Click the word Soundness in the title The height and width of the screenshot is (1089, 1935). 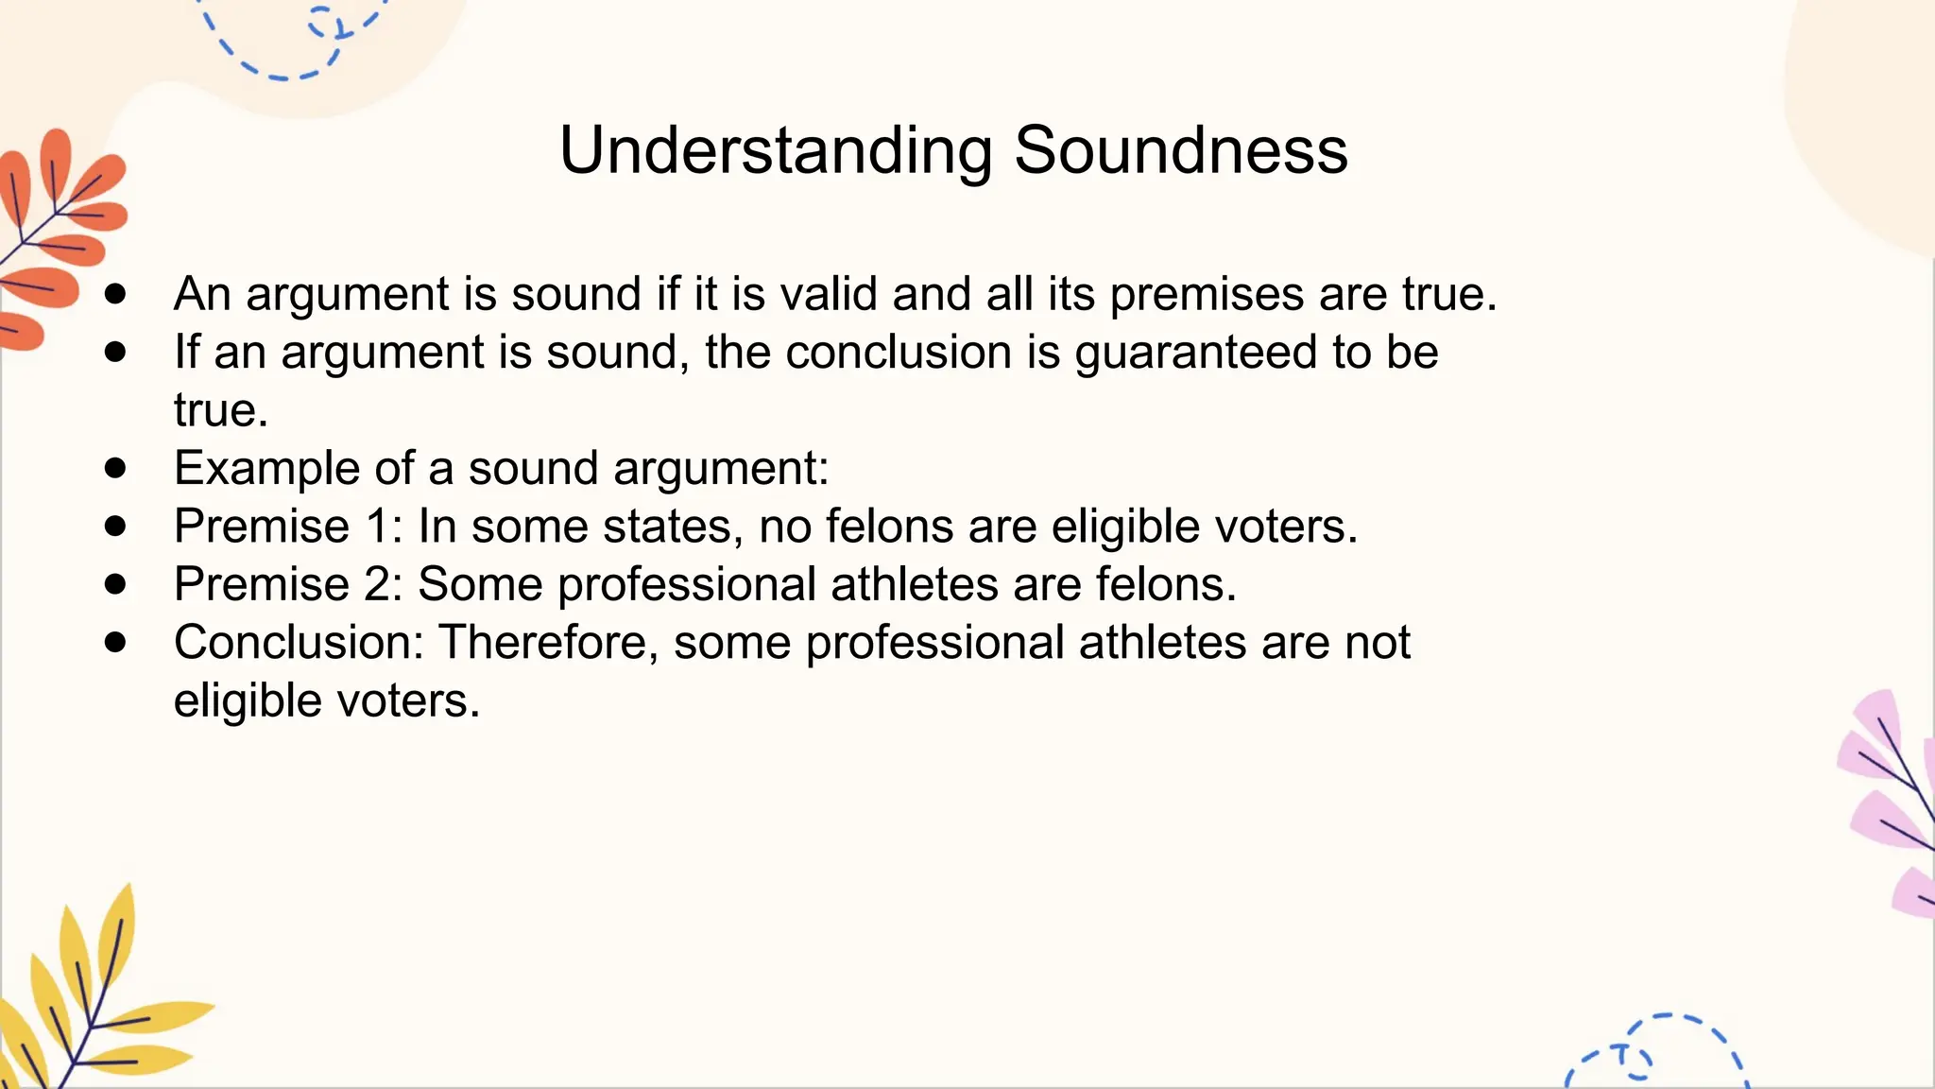point(1180,150)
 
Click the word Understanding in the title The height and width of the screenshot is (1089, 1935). point(775,150)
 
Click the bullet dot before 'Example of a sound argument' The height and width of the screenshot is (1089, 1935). point(115,468)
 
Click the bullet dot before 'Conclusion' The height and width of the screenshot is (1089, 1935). point(115,643)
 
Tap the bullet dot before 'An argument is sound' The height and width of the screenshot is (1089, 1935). point(115,294)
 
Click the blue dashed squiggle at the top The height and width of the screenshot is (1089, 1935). point(293,43)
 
